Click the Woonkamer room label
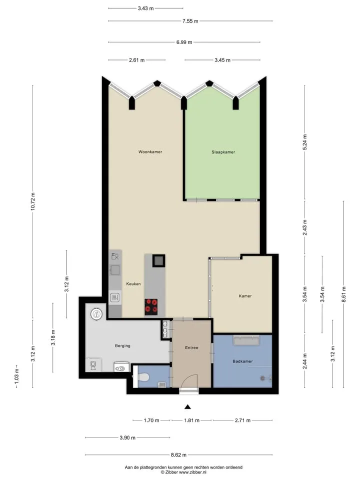(x=150, y=152)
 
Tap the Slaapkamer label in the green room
(x=223, y=152)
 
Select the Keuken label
(x=133, y=284)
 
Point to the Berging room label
(x=123, y=345)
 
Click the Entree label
(x=191, y=348)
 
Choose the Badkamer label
(x=243, y=361)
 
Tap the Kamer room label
(x=245, y=296)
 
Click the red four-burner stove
(x=151, y=306)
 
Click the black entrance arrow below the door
(x=187, y=407)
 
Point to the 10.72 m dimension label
(x=33, y=201)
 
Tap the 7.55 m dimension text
(x=190, y=21)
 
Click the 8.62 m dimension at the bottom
(x=178, y=455)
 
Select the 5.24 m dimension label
(x=305, y=142)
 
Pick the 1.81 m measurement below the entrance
(x=191, y=420)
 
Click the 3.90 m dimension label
(x=127, y=438)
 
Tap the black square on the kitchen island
(x=158, y=260)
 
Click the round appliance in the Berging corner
(x=96, y=314)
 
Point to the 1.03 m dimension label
(x=16, y=376)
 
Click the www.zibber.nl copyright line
(x=183, y=472)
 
